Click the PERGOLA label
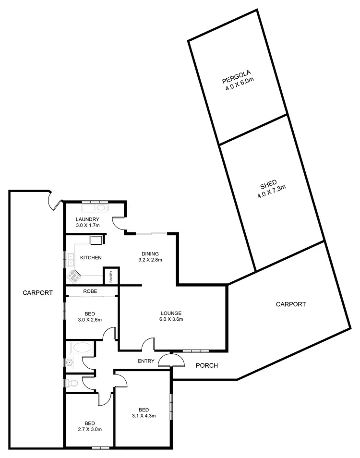pyautogui.click(x=234, y=80)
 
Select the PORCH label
pyautogui.click(x=207, y=366)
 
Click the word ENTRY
pyautogui.click(x=146, y=362)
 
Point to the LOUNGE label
pyautogui.click(x=171, y=313)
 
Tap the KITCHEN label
pyautogui.click(x=91, y=258)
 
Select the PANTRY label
pyautogui.click(x=111, y=277)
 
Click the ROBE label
pyautogui.click(x=91, y=291)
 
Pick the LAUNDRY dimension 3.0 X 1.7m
pyautogui.click(x=87, y=225)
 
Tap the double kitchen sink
pyautogui.click(x=71, y=260)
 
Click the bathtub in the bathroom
pyautogui.click(x=83, y=348)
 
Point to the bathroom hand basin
pyautogui.click(x=70, y=362)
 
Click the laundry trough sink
pyautogui.click(x=101, y=208)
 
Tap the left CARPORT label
pyautogui.click(x=37, y=292)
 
